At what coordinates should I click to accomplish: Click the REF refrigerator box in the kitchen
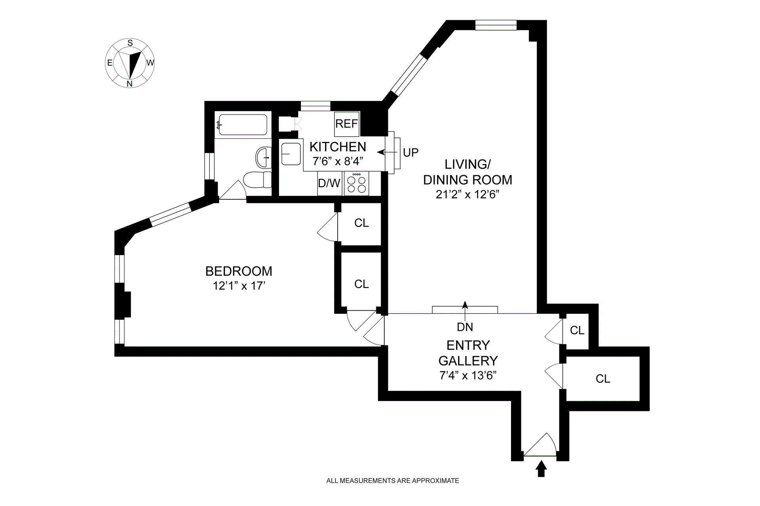pos(346,124)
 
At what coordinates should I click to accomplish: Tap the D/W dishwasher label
pos(329,183)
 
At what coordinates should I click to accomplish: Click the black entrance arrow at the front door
pos(541,470)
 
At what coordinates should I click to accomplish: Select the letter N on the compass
pos(129,84)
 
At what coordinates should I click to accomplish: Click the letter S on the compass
pos(130,43)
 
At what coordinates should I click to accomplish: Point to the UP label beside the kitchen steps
pos(410,153)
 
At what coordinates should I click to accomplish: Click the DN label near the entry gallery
pos(465,327)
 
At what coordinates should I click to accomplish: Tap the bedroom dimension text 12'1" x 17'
pos(239,286)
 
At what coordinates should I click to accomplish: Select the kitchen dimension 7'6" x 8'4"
pos(338,161)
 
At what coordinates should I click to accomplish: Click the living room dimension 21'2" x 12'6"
pos(467,195)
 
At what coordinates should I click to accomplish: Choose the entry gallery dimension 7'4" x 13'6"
pos(468,375)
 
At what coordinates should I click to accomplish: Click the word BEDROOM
pos(239,271)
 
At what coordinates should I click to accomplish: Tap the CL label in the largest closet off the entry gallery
pos(603,379)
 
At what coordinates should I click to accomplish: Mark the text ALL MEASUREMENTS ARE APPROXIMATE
pos(392,481)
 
